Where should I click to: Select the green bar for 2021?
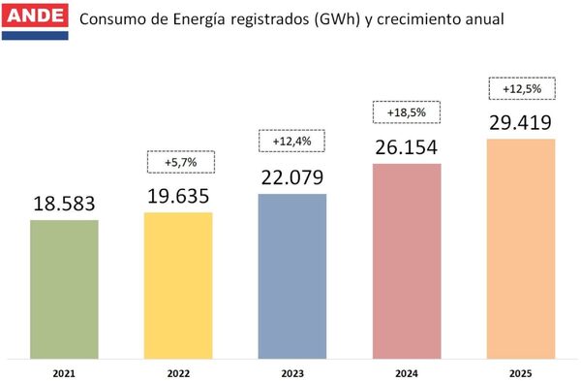[64, 287]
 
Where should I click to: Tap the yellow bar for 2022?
[178, 283]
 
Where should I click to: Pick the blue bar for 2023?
[291, 274]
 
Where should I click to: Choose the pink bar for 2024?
[406, 259]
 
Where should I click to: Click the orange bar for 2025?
[520, 247]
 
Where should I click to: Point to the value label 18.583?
[64, 205]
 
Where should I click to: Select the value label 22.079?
[291, 178]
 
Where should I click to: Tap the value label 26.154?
[406, 148]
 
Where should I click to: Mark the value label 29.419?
[520, 124]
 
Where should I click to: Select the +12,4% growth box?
[291, 141]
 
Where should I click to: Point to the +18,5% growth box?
[406, 112]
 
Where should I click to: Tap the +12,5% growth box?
[520, 88]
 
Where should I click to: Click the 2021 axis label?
[64, 371]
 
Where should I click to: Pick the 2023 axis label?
[291, 371]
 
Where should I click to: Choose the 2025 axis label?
[520, 371]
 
